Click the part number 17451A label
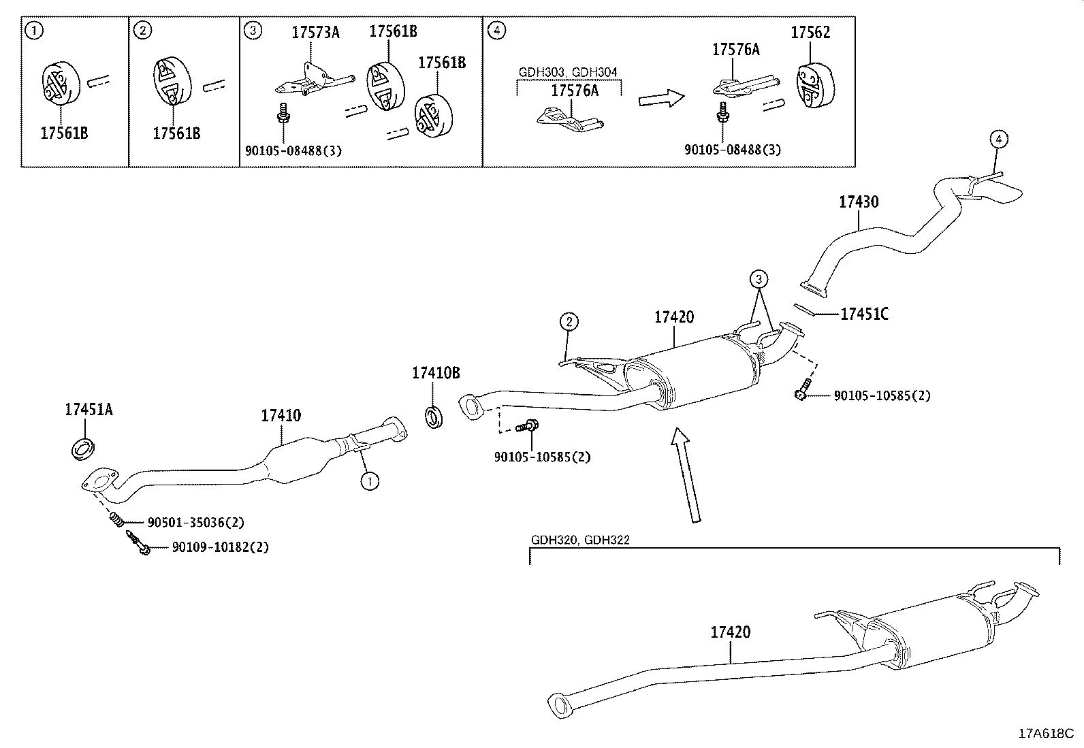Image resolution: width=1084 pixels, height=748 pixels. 89,409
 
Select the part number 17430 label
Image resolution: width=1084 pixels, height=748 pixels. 858,201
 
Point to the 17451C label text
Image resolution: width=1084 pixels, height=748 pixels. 864,314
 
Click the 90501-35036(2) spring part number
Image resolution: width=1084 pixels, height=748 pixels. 195,523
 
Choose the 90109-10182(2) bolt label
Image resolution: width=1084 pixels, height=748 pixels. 220,547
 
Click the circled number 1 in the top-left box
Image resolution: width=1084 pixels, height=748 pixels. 33,30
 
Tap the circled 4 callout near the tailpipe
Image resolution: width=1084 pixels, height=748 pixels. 998,140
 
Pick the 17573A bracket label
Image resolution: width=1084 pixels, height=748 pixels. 315,32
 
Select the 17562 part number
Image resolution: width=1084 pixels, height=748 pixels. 810,32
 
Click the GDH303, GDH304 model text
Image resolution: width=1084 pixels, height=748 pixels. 568,71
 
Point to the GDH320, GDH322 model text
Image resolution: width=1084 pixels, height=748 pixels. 580,540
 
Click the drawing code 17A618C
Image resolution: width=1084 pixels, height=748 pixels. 1045,734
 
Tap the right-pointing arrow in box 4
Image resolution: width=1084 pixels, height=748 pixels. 660,99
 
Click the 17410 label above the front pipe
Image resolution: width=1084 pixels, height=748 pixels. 281,415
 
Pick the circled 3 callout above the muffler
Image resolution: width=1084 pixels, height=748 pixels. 759,278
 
